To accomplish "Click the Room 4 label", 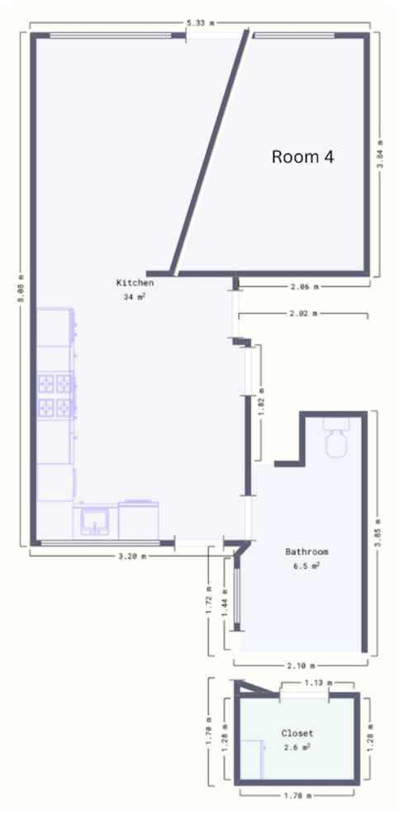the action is coord(302,156).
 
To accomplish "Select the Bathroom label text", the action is coord(307,551).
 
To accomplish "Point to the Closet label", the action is coord(297,733).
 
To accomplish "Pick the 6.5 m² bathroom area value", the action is coord(307,565).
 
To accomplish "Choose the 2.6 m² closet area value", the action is coord(297,747).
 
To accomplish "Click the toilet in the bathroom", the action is coord(336,437).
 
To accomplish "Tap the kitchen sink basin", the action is coord(95,520).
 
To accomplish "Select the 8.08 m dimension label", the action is coord(21,289).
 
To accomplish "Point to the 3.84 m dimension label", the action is coord(381,154).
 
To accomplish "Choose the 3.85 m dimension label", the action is coord(377,532).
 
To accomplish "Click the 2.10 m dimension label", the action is coord(302,665).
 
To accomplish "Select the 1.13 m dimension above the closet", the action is coord(318,683).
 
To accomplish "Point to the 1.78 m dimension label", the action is coord(298,796).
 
